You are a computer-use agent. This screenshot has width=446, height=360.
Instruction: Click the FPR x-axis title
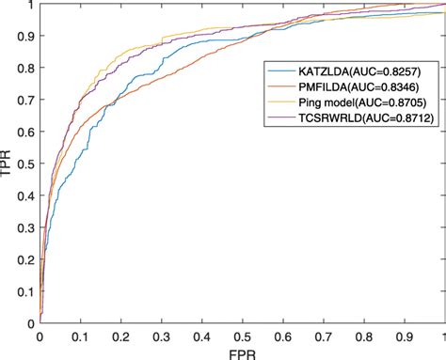[x=241, y=352]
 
